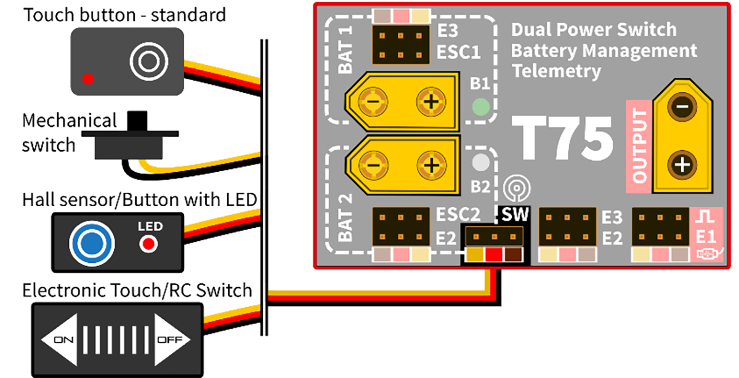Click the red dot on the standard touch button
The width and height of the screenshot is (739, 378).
click(x=88, y=79)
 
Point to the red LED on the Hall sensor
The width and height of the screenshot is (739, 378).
click(x=148, y=244)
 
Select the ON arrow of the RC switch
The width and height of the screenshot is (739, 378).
click(x=62, y=339)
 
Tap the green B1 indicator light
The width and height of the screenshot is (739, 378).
click(x=480, y=108)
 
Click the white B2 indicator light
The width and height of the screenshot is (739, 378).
click(x=480, y=164)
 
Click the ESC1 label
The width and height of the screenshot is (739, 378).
click(x=458, y=52)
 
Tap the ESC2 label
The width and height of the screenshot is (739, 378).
click(x=458, y=214)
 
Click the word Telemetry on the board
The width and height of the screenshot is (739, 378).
click(x=556, y=71)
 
